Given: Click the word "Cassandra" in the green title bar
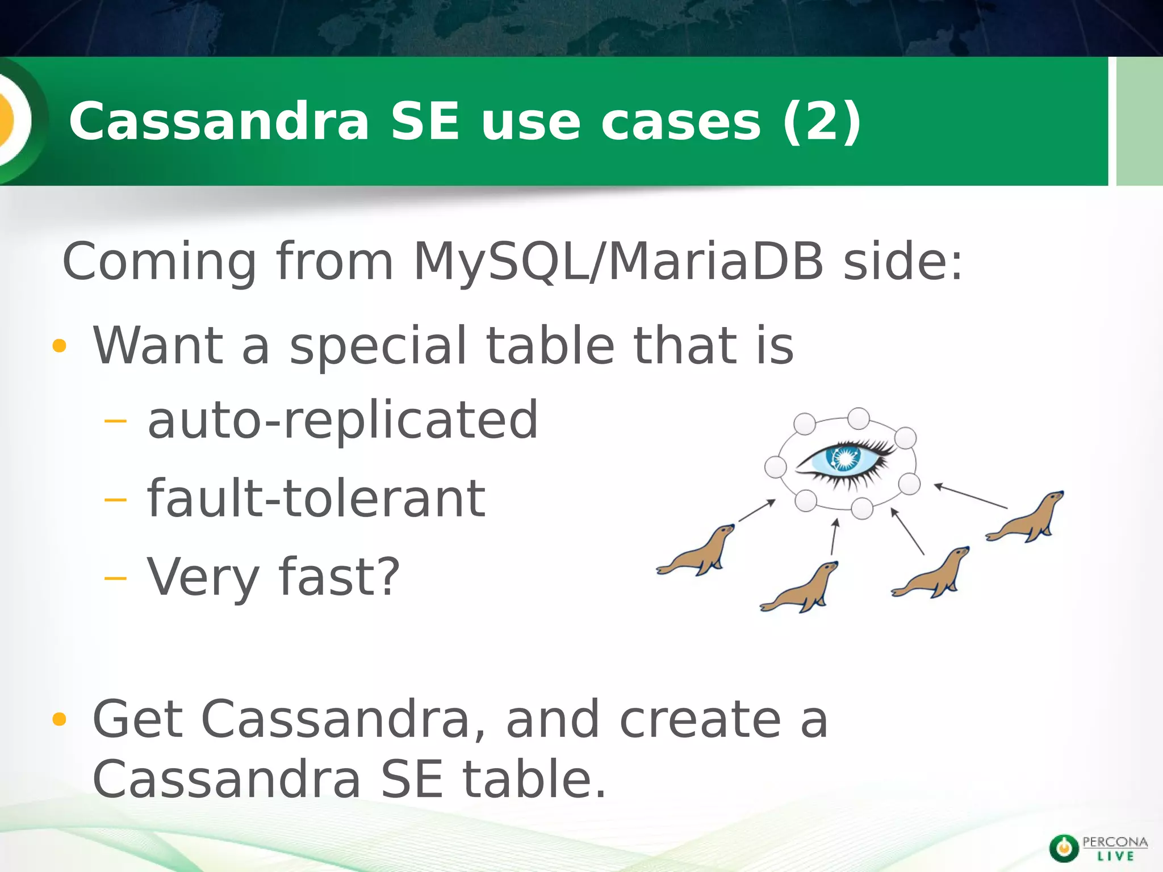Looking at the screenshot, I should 219,121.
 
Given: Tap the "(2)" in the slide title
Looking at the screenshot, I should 821,121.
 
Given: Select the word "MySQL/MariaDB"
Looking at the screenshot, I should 618,262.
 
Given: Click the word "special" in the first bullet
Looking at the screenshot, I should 378,346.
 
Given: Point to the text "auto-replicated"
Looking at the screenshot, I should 342,420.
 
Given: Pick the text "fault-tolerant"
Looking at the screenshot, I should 316,498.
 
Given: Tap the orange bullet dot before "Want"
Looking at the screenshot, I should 59,346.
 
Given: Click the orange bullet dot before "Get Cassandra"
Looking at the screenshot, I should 59,720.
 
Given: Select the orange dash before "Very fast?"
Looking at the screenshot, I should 116,578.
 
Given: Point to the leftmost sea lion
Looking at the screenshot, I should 696,551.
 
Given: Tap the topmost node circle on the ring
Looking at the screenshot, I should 858,418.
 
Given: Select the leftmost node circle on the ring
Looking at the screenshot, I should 776,467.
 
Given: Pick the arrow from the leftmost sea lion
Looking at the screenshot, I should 756,510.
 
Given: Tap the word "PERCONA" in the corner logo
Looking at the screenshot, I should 1115,842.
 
